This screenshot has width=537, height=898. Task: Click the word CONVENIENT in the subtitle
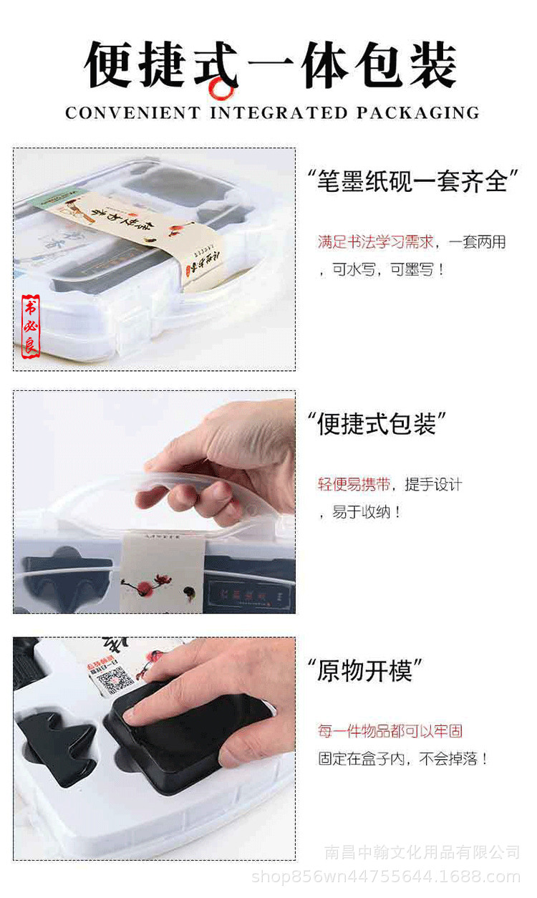coord(133,113)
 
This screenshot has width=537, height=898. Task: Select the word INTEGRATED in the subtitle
coord(279,113)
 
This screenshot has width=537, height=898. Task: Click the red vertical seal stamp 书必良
coord(31,327)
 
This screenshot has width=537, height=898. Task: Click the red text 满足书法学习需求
coord(376,242)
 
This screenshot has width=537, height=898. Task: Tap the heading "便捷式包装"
coord(377,425)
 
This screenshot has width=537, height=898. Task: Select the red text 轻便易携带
coord(354,485)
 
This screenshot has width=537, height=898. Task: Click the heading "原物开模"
coord(365,671)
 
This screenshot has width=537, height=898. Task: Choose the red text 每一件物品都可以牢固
coord(390,731)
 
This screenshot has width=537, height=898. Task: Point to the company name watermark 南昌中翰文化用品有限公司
coord(422,852)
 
